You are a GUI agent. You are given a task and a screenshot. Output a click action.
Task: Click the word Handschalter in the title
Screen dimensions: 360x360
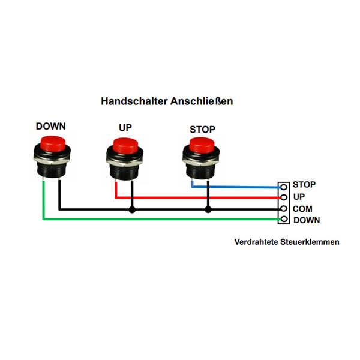coord(134,101)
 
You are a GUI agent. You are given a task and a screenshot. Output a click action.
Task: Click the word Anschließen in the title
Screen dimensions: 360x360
coord(202,101)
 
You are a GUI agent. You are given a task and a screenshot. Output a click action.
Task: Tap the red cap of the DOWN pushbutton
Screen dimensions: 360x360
coord(53,144)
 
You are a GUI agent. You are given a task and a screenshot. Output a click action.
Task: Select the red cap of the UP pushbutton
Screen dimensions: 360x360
coord(125,146)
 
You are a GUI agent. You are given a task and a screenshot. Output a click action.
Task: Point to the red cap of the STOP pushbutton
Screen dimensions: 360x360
coord(202,145)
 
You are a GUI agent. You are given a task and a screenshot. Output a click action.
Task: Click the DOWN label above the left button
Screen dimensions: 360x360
coord(51,126)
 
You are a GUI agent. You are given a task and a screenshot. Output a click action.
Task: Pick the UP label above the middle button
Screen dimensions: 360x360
coord(125,128)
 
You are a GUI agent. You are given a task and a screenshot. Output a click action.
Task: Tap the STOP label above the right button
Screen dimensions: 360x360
coord(203,130)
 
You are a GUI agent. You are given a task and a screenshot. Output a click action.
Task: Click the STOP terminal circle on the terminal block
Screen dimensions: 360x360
coord(284,187)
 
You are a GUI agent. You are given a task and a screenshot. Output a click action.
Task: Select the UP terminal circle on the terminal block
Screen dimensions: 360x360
coord(284,197)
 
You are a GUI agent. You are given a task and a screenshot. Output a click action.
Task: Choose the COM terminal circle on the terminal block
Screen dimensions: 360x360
coord(284,208)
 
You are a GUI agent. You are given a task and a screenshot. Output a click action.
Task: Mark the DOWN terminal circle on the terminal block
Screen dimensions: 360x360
coord(284,219)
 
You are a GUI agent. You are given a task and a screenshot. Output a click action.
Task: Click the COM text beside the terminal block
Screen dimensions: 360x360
coord(302,209)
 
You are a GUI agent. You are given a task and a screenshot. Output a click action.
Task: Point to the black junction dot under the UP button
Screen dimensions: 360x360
coord(132,209)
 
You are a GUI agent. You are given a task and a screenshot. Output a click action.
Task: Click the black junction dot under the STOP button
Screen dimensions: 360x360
coord(208,209)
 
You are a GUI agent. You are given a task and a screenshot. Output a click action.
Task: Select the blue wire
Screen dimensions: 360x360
coord(236,187)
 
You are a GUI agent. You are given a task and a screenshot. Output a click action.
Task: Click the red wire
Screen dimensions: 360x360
coord(197,197)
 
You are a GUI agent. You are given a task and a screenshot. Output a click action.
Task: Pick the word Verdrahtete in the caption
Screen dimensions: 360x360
coord(256,242)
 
